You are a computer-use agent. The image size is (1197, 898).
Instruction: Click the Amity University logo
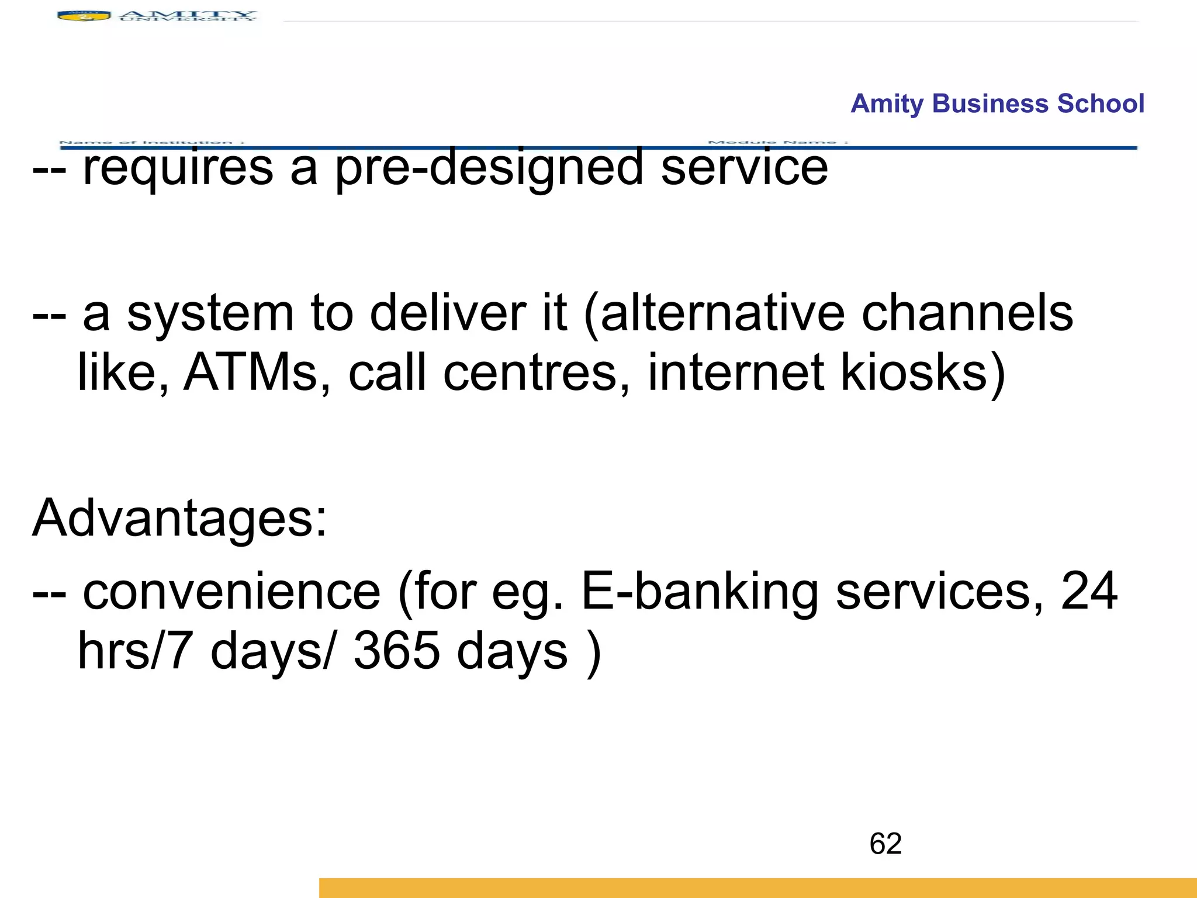157,16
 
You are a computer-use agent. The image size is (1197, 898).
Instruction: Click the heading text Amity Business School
997,103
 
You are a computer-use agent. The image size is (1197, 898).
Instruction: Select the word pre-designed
489,168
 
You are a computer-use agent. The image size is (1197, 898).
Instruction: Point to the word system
210,314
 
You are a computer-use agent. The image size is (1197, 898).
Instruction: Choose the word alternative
722,314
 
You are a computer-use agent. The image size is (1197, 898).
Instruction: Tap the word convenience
231,592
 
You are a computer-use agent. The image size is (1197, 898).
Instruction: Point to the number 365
396,651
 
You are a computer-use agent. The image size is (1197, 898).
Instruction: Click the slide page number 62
885,844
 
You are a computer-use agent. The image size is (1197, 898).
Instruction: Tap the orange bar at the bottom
757,887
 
